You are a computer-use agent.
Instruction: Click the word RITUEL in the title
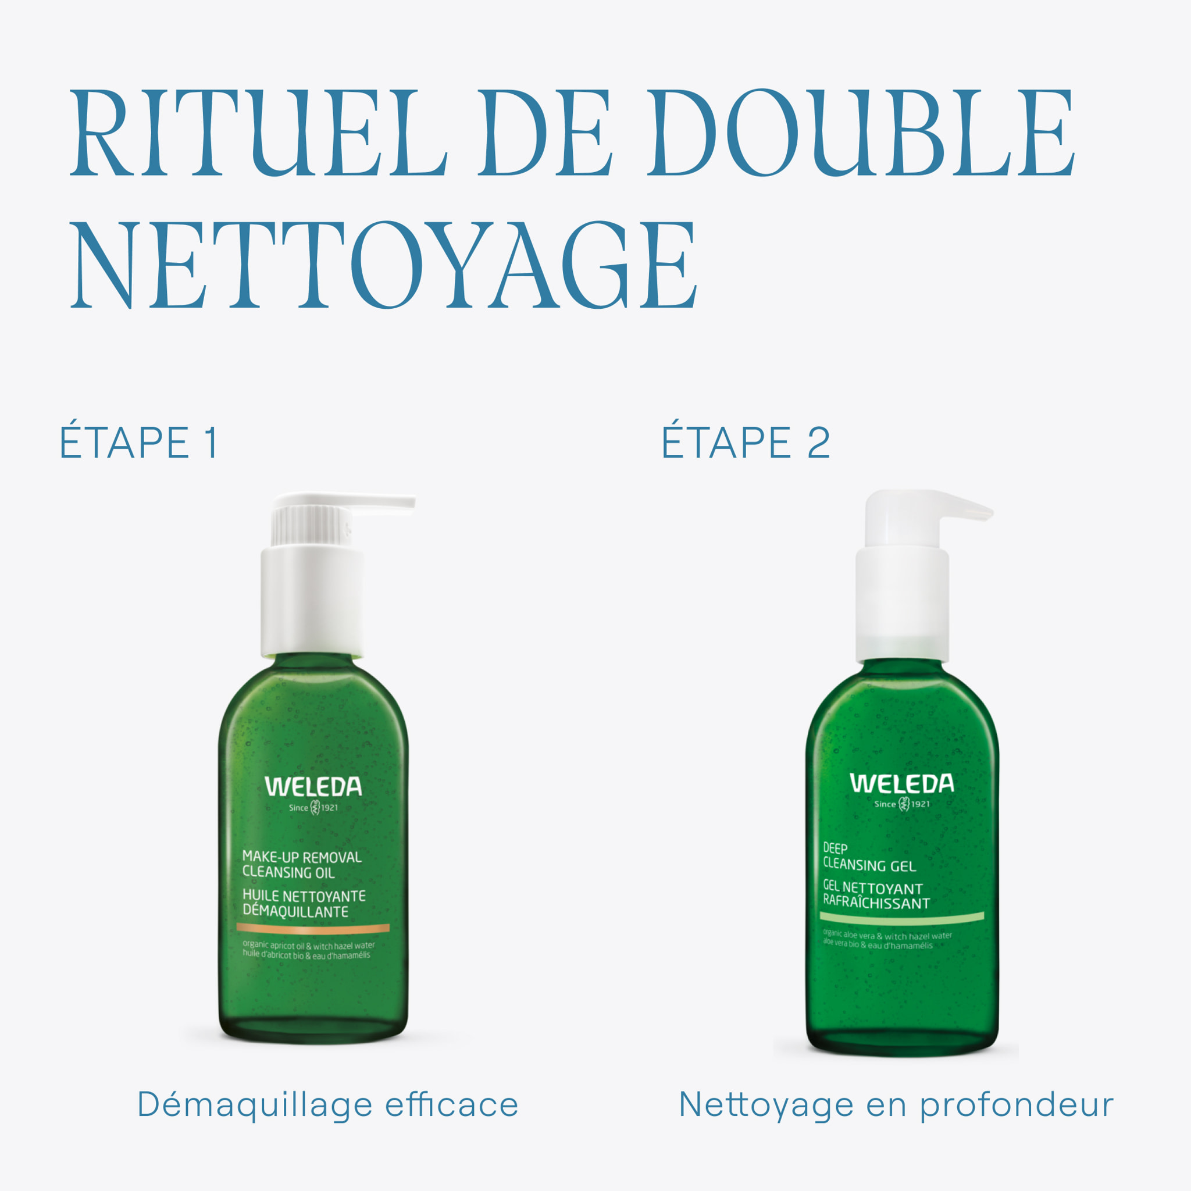[258, 133]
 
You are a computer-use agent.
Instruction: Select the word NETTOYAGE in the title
[383, 265]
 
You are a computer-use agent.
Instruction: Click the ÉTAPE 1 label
[139, 442]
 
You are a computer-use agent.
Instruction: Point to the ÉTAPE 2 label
[746, 442]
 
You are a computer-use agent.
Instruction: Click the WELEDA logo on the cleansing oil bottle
[313, 787]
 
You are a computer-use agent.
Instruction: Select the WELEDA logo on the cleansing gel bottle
[902, 783]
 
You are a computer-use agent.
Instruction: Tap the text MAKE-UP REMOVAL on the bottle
[302, 857]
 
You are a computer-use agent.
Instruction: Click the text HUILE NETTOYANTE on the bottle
[304, 896]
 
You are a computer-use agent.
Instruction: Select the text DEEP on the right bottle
[835, 848]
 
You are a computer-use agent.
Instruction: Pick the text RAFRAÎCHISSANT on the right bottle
[876, 903]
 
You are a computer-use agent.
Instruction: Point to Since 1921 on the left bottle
[313, 808]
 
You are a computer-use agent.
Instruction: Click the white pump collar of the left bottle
[312, 601]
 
